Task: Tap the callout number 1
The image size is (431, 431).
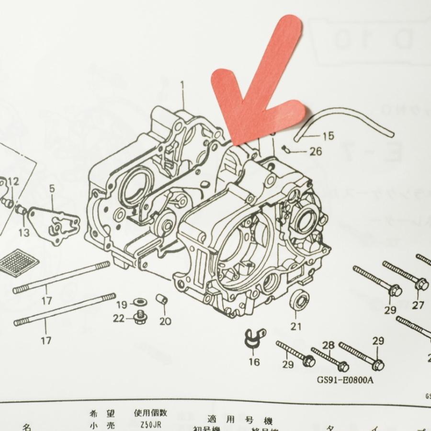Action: pyautogui.click(x=182, y=86)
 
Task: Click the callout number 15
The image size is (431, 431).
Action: pyautogui.click(x=327, y=136)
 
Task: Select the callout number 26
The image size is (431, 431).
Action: pyautogui.click(x=316, y=152)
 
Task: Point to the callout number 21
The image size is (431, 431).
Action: pyautogui.click(x=296, y=327)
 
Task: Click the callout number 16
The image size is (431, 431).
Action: pyautogui.click(x=254, y=362)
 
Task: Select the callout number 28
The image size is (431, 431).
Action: pyautogui.click(x=328, y=345)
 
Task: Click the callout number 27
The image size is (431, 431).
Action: pyautogui.click(x=418, y=306)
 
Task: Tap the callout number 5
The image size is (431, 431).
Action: pyautogui.click(x=52, y=188)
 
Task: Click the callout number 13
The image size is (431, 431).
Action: pyautogui.click(x=24, y=233)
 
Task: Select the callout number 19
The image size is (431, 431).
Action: pyautogui.click(x=122, y=304)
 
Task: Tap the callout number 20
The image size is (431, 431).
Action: pyautogui.click(x=165, y=321)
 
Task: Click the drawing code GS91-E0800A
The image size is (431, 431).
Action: pyautogui.click(x=345, y=381)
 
